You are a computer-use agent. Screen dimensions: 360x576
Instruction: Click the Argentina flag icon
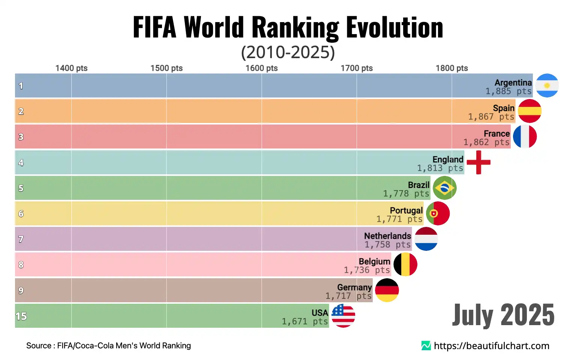tap(547, 85)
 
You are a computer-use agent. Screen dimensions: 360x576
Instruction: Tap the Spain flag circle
tap(530, 111)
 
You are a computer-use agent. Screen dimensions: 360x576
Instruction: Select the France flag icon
tap(525, 136)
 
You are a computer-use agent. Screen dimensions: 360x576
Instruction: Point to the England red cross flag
tap(478, 162)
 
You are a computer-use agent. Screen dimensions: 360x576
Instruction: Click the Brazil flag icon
tap(445, 188)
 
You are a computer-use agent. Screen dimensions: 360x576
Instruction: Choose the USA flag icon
tap(343, 316)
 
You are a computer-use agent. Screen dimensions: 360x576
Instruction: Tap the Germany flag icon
tap(387, 290)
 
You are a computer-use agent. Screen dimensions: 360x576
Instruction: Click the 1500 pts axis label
tap(166, 68)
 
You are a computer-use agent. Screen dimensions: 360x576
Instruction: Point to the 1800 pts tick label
tap(452, 68)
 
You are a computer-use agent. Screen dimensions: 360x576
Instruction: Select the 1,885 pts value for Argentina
tap(508, 91)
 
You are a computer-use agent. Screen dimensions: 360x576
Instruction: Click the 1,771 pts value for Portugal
tap(399, 219)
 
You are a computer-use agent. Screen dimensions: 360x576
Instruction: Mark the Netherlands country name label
tap(387, 236)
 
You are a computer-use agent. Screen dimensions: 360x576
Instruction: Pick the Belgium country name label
tap(374, 261)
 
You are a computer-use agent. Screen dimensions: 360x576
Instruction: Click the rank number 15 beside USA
tap(21, 316)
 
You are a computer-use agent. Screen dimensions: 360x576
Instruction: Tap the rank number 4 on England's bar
tap(21, 162)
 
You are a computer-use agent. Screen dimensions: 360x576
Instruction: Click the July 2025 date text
tap(503, 315)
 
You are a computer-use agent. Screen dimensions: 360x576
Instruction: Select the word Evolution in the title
tap(394, 27)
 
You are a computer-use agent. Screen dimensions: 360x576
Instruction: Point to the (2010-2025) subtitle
tap(288, 52)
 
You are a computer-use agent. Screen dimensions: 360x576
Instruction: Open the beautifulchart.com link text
tap(491, 346)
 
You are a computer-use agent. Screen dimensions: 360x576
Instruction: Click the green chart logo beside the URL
tap(426, 346)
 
